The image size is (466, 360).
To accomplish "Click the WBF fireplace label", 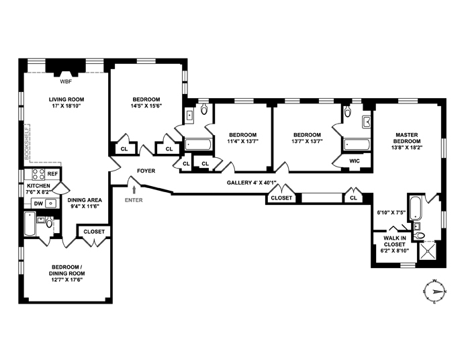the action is click(66, 81).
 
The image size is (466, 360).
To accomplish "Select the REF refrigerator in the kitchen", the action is click(52, 173).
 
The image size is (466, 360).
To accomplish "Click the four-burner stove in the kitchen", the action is click(38, 174).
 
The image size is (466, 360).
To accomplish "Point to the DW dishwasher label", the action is click(38, 204).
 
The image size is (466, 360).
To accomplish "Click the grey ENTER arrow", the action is click(134, 190).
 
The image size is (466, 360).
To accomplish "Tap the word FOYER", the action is click(146, 171).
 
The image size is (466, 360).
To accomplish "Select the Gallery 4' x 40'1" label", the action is click(252, 183).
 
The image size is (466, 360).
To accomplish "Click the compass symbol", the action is click(435, 291).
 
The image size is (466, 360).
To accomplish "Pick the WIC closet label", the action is click(355, 161).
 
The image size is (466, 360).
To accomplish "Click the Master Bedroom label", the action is click(407, 138).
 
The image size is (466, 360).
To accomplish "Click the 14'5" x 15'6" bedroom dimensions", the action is click(146, 105).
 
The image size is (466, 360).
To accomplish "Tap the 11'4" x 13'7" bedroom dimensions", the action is click(243, 141).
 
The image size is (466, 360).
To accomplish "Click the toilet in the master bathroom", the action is click(419, 236).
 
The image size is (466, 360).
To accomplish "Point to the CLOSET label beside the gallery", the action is click(281, 198).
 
